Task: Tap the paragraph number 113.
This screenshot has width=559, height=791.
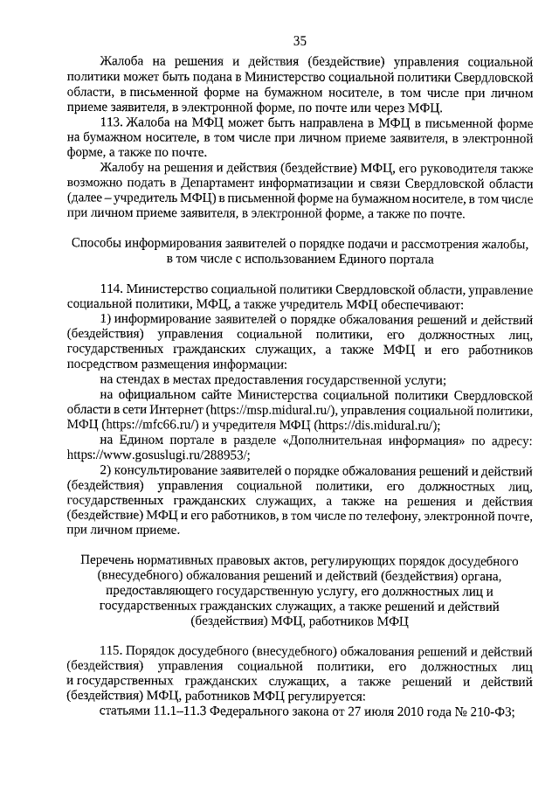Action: pyautogui.click(x=114, y=122)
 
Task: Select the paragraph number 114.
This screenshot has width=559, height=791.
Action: pyautogui.click(x=114, y=288)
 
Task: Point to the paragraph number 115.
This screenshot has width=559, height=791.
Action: pyautogui.click(x=114, y=651)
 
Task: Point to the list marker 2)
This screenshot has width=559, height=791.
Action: pyautogui.click(x=107, y=470)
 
